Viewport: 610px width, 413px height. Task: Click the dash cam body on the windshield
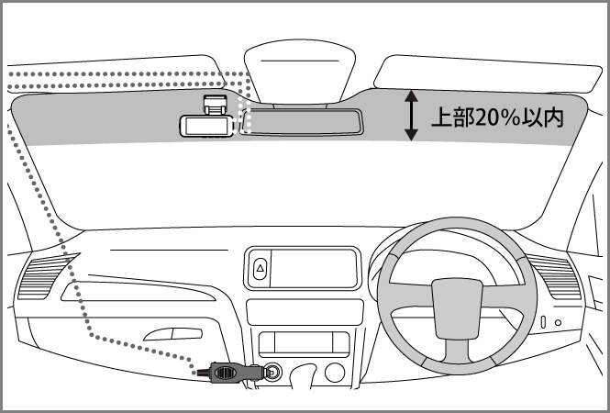point(204,125)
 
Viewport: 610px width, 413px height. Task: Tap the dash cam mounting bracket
point(215,102)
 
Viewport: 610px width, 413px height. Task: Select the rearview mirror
point(303,121)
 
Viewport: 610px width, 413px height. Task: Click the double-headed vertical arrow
point(412,116)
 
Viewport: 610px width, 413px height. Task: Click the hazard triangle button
point(260,269)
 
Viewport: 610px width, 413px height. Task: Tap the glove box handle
point(174,333)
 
